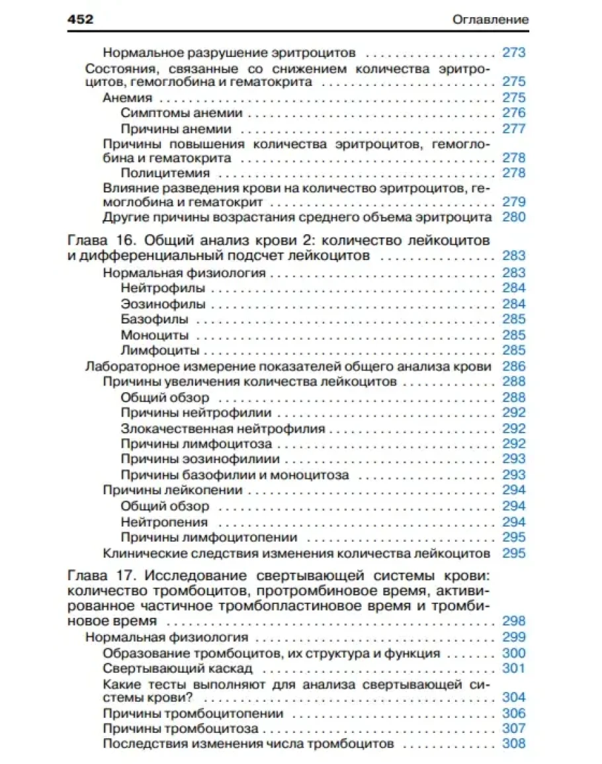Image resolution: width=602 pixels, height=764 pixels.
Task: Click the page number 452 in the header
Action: pos(81,20)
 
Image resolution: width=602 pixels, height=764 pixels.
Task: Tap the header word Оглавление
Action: pos(490,20)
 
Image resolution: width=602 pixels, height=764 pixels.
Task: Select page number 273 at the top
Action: pos(513,52)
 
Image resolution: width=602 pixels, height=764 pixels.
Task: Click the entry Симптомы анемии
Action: pos(181,113)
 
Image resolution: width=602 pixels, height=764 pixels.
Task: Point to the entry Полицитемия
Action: pos(166,173)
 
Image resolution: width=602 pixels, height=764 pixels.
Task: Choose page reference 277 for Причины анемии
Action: pos(513,128)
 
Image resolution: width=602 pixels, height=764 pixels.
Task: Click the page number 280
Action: pos(513,217)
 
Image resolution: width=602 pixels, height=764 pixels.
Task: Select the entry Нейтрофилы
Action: pos(163,288)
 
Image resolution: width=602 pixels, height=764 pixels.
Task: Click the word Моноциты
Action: pos(155,335)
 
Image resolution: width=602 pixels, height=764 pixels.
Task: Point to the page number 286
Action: pos(513,366)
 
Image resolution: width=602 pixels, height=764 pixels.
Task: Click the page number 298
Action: pos(513,621)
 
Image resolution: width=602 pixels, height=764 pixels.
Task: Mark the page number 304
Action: pos(513,697)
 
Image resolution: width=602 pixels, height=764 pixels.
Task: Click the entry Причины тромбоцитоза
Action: pos(181,729)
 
